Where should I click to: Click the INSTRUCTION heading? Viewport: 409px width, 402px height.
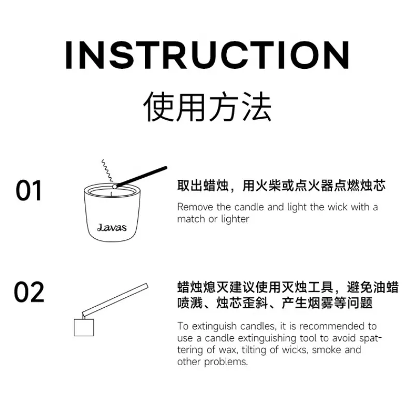(x=208, y=55)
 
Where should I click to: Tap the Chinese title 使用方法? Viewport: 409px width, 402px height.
(x=208, y=107)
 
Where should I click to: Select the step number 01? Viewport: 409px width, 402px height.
(x=28, y=191)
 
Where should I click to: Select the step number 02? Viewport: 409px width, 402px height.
(x=29, y=292)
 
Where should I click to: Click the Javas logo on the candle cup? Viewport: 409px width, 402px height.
(x=112, y=227)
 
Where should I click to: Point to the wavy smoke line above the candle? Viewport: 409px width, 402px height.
(x=107, y=171)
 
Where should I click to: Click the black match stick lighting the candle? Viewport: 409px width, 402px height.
(x=141, y=177)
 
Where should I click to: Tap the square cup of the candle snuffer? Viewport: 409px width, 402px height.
(x=84, y=327)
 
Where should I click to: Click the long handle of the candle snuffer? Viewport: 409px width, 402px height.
(x=115, y=299)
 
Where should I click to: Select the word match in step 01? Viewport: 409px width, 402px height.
(x=191, y=219)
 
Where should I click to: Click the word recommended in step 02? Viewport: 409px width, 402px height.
(x=332, y=326)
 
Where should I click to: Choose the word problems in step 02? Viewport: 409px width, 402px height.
(x=226, y=362)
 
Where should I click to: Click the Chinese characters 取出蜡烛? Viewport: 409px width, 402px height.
(x=203, y=185)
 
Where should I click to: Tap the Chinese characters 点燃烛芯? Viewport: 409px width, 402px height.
(x=360, y=185)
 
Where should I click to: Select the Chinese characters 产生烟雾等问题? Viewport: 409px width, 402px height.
(x=327, y=303)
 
